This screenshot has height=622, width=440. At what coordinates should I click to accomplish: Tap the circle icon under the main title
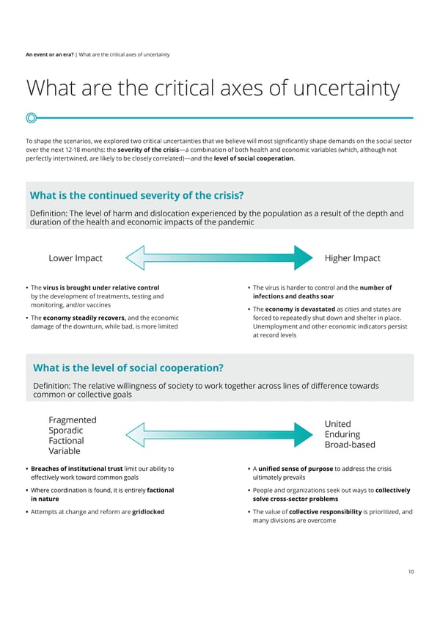[32, 117]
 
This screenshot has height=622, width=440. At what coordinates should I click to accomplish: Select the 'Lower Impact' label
[75, 258]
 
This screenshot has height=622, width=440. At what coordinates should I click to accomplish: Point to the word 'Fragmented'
[72, 420]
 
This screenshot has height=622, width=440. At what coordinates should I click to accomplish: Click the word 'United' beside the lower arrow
[337, 424]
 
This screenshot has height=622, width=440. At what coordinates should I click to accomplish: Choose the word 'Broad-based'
[349, 444]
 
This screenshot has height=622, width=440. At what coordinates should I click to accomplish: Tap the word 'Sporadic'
[65, 430]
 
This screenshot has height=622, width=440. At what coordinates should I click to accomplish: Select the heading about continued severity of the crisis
[136, 195]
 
